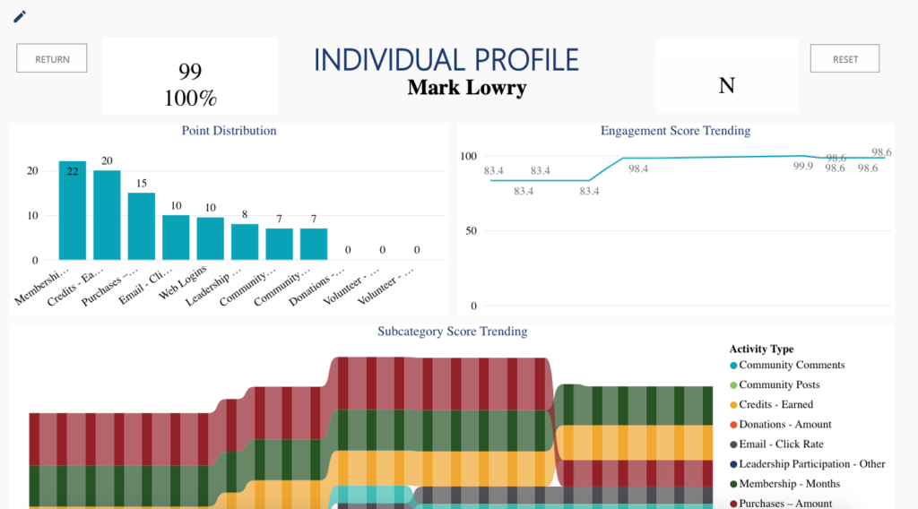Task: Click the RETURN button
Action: pos(52,59)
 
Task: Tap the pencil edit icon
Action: pos(20,16)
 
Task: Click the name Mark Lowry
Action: pos(466,88)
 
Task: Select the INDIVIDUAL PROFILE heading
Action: pos(446,60)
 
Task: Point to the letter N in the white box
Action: pos(727,86)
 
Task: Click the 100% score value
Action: pos(190,98)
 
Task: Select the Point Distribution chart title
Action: pos(229,131)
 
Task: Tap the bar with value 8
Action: pos(245,242)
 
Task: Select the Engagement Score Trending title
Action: pos(675,131)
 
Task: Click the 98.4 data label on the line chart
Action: pos(638,168)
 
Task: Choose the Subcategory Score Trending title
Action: pos(452,332)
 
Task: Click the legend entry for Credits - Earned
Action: pos(775,405)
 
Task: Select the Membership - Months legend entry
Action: pos(789,484)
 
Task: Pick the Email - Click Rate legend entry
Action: pos(780,444)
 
